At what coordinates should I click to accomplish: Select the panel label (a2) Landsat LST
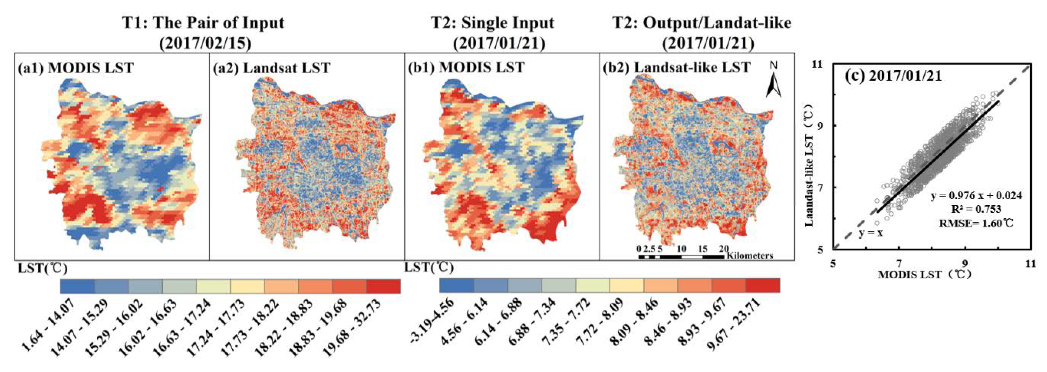pyautogui.click(x=271, y=68)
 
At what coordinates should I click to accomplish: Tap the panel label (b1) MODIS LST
pyautogui.click(x=466, y=67)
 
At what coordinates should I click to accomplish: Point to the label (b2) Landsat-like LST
pyautogui.click(x=676, y=67)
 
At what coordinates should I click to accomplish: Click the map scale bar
pyautogui.click(x=681, y=257)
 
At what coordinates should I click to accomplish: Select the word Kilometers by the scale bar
pyautogui.click(x=750, y=256)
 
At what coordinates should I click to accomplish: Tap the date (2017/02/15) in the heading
pyautogui.click(x=205, y=43)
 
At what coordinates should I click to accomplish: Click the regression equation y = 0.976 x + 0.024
pyautogui.click(x=976, y=196)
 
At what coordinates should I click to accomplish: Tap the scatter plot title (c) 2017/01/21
pyautogui.click(x=893, y=76)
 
